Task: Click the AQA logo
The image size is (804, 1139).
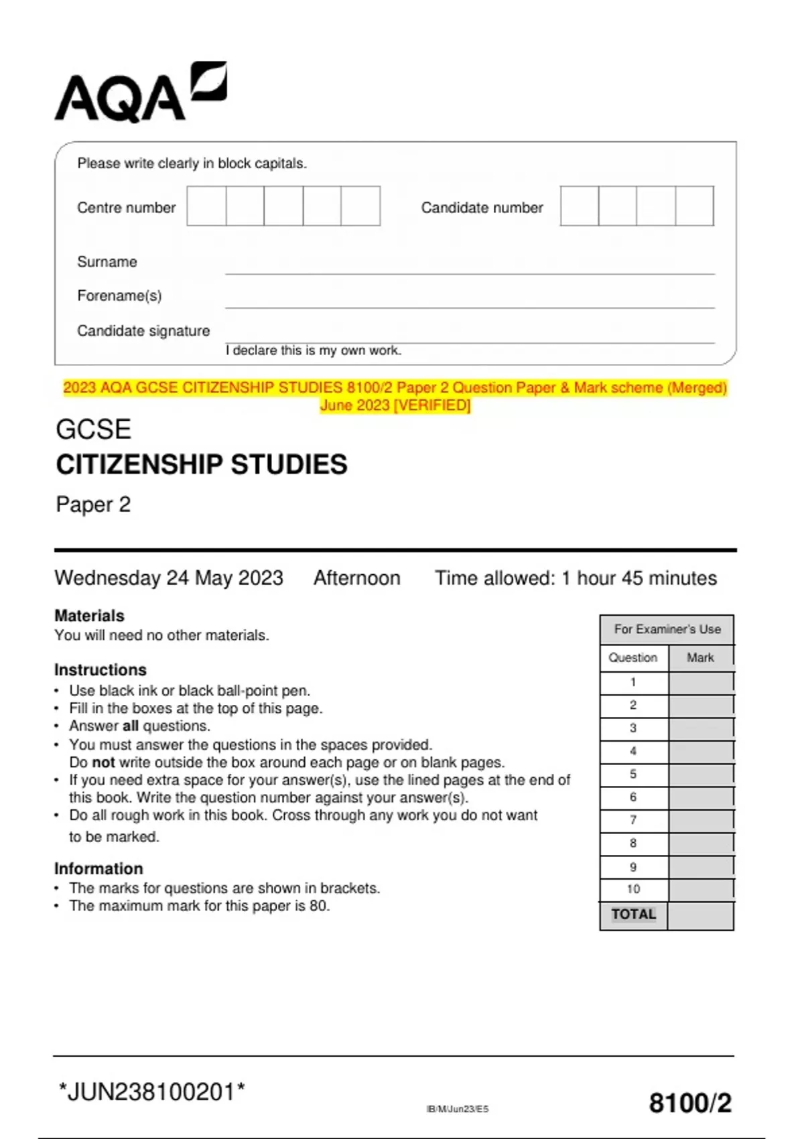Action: pos(140,94)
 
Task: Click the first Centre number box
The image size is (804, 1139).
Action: pos(206,206)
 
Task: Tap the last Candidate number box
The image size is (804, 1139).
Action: pos(694,206)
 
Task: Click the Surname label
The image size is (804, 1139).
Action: pos(107,262)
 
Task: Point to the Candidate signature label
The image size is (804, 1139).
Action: pos(143,331)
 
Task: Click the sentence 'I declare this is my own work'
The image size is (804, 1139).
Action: pos(314,350)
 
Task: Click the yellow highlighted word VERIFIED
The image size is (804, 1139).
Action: pos(433,405)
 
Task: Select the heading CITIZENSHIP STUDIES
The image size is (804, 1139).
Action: pos(202,464)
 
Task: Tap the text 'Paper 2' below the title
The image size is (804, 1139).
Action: pos(93,505)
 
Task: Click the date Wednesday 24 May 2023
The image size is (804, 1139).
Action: pos(169,578)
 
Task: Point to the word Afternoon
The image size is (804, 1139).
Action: pos(356,578)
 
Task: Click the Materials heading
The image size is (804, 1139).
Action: pos(89,616)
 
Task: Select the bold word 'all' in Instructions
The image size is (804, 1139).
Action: pos(130,726)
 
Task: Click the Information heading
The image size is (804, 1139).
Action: pos(98,869)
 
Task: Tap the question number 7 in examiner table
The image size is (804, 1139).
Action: pos(633,820)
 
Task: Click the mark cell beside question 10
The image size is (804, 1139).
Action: pos(701,890)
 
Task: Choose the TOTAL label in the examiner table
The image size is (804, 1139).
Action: pos(633,915)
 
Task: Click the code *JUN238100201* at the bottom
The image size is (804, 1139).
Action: pos(152,1092)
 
